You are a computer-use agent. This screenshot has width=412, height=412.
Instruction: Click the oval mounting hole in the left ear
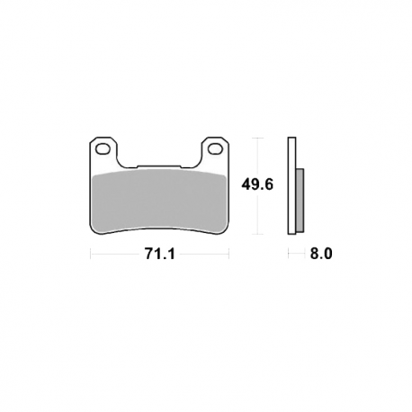click(x=103, y=149)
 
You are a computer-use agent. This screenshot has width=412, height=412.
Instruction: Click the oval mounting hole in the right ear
click(x=215, y=149)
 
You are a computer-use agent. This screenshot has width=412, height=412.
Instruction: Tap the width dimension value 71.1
click(x=159, y=255)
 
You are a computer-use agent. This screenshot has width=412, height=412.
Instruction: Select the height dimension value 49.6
click(x=257, y=184)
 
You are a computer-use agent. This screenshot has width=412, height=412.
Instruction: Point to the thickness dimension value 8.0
click(x=321, y=254)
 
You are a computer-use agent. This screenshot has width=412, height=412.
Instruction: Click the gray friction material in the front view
click(x=159, y=202)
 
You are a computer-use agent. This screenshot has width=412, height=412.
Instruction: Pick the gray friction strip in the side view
click(x=300, y=201)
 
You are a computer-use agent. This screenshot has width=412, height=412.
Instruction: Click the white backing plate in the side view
click(x=291, y=186)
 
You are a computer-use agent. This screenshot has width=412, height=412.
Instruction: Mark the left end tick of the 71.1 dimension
click(x=91, y=254)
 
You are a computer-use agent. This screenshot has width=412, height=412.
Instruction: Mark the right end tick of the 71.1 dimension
click(x=229, y=254)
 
